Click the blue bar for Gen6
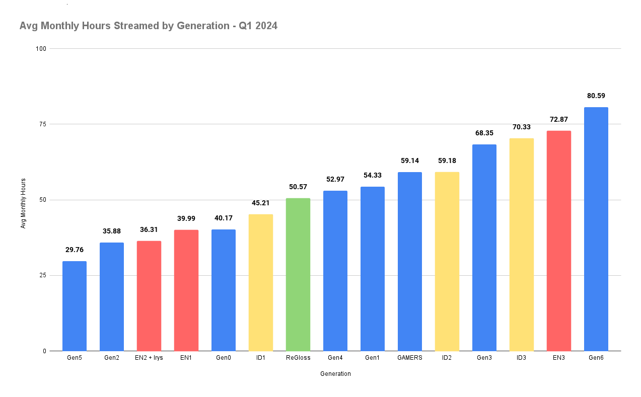coord(596,229)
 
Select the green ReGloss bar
coord(298,274)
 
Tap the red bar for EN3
coord(558,241)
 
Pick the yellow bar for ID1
coord(260,282)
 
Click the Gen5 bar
coord(75,306)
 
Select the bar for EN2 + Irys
coord(149,296)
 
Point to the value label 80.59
coord(596,96)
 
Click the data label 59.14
coord(409,161)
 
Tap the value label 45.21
coord(260,203)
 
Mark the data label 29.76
coord(75,250)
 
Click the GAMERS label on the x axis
coord(409,358)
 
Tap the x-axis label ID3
coord(521,358)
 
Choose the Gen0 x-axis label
coord(223,358)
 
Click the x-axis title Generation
coord(335,374)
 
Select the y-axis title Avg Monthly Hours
coord(23,203)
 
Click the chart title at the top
coord(148,26)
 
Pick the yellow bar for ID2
coord(447,261)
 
